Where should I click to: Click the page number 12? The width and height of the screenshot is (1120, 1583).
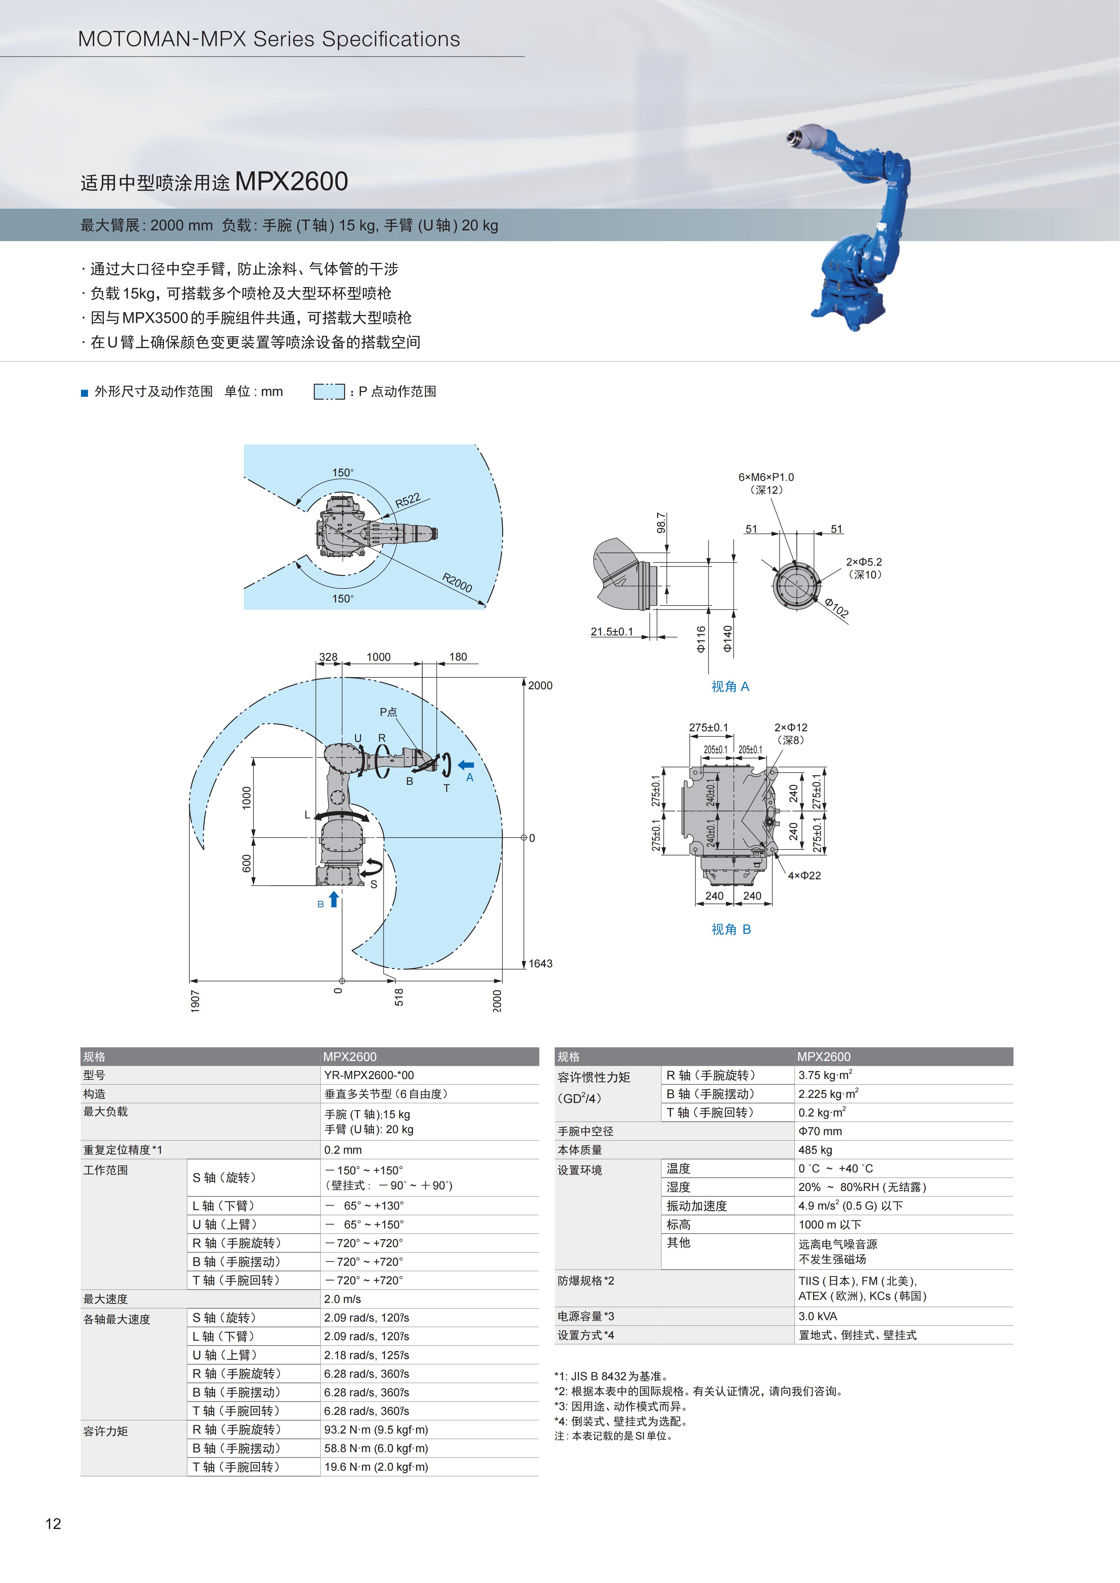(x=53, y=1524)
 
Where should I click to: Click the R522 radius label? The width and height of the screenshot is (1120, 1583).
(x=407, y=501)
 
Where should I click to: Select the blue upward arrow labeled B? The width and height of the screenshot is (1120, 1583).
(x=334, y=899)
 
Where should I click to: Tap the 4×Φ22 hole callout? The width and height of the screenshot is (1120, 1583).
(x=805, y=876)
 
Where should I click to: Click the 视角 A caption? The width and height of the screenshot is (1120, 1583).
(x=730, y=687)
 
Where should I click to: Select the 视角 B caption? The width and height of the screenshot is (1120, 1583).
(x=731, y=929)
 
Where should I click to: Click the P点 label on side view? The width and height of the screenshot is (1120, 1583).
(x=388, y=712)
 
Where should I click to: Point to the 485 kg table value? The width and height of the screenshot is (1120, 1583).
(x=815, y=1150)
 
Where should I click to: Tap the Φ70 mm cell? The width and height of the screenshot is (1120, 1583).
(x=820, y=1131)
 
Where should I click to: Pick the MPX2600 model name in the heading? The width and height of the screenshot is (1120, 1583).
(x=292, y=181)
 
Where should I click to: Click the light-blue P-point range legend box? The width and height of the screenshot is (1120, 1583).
(x=329, y=392)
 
